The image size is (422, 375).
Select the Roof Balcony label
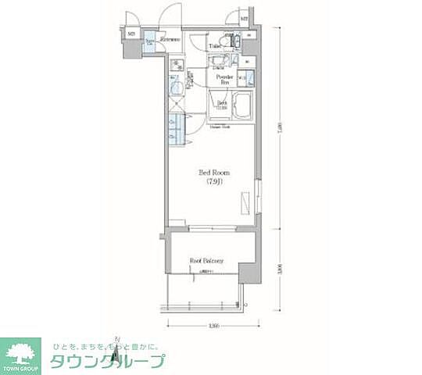pos(208,261)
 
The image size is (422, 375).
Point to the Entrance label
pos(170,39)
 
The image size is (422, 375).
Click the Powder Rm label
pos(226,79)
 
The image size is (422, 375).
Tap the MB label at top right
pos(245,19)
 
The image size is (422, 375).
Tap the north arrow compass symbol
pos(115,341)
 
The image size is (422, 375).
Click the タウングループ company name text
pos(108,362)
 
